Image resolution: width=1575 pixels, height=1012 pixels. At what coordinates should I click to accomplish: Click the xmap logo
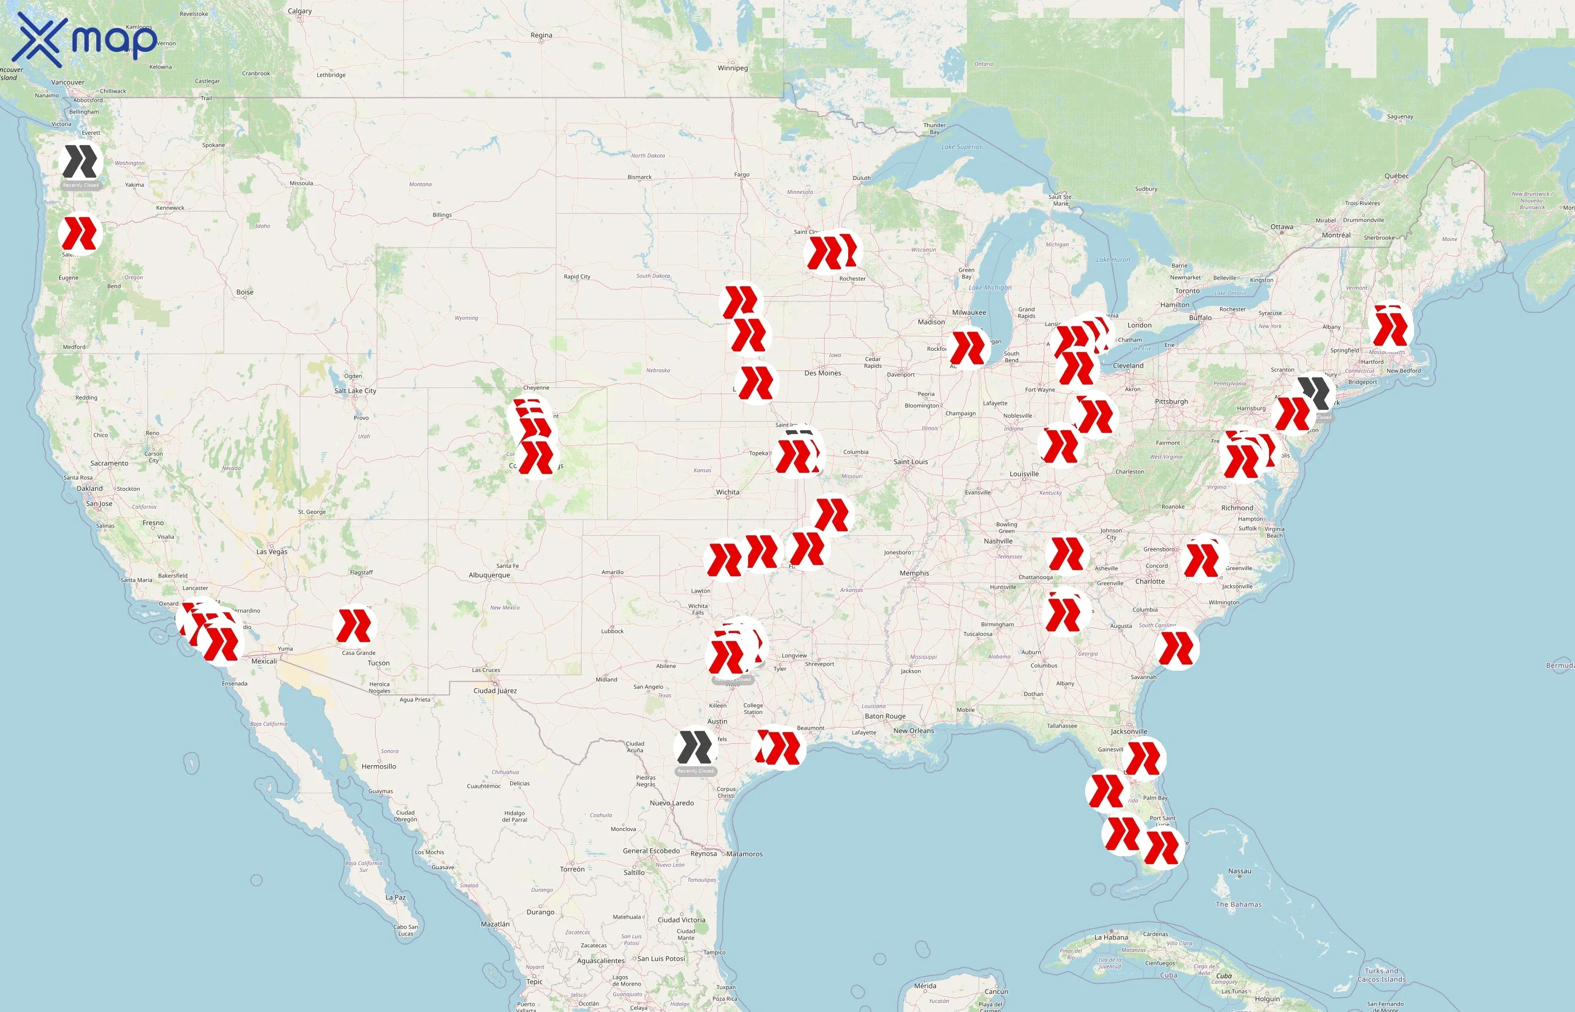click(x=85, y=39)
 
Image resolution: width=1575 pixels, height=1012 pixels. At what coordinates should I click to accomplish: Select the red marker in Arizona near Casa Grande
click(x=354, y=625)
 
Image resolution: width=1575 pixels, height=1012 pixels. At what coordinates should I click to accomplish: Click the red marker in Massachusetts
click(x=1390, y=327)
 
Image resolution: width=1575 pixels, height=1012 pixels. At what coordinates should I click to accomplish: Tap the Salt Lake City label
click(x=355, y=391)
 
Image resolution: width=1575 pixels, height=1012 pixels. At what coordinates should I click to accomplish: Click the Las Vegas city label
click(x=272, y=552)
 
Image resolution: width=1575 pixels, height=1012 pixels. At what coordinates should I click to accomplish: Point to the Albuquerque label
click(x=489, y=575)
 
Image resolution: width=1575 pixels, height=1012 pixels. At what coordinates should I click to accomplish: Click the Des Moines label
click(x=822, y=373)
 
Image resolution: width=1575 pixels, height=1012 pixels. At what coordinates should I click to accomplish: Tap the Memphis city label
click(x=913, y=573)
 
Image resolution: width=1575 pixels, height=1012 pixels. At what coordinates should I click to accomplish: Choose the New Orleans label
click(x=913, y=731)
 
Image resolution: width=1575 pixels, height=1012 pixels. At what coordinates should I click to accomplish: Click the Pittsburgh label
click(x=1171, y=401)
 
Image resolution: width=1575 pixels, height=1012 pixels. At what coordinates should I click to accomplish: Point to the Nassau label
click(x=1239, y=871)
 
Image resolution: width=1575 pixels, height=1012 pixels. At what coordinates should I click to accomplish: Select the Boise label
click(x=245, y=292)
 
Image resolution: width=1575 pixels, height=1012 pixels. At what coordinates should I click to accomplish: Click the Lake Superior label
click(x=961, y=147)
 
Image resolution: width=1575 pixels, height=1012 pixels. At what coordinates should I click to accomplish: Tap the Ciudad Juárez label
click(x=495, y=690)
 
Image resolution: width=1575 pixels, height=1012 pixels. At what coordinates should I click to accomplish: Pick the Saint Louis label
click(x=911, y=462)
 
